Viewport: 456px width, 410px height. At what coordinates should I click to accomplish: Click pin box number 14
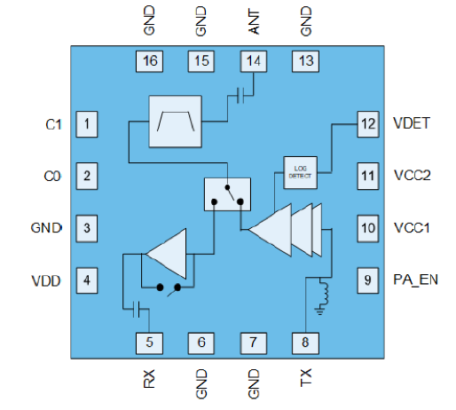[x=252, y=61]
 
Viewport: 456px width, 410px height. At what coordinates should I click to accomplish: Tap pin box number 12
[x=368, y=123]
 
